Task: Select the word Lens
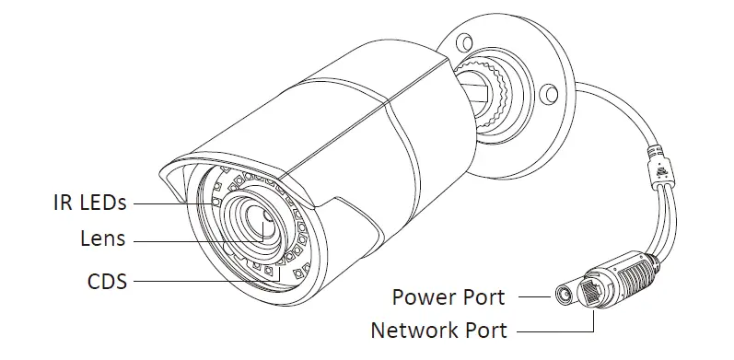coord(102,240)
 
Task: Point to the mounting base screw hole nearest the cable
coord(549,92)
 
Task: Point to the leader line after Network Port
coord(553,329)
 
